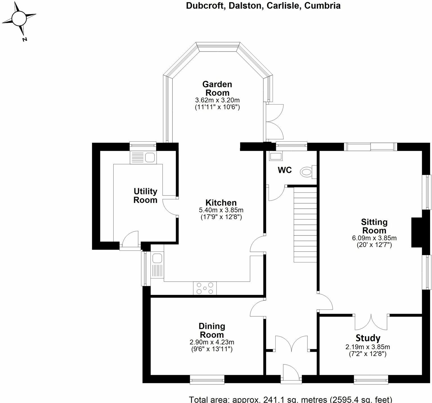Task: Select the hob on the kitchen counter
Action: (x=205, y=288)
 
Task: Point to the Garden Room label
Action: (x=217, y=88)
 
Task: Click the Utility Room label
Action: (x=145, y=196)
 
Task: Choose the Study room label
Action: (x=368, y=338)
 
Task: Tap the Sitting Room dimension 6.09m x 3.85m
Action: (x=374, y=238)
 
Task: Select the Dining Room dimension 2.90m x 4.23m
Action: (x=212, y=342)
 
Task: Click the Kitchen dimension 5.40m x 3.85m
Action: (x=221, y=210)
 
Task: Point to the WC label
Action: (x=285, y=170)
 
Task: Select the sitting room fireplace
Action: (x=417, y=232)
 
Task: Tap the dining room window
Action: (x=207, y=379)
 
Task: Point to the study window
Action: (x=371, y=379)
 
